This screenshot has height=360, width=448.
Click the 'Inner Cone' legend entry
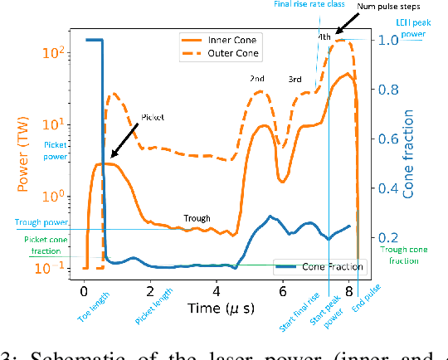click(224, 40)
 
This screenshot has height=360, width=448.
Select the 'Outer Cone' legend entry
click(224, 53)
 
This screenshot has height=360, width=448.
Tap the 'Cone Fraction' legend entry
click(305, 266)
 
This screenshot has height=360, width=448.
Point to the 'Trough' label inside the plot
click(197, 219)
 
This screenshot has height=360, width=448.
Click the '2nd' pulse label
click(258, 79)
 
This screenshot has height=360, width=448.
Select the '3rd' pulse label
click(295, 80)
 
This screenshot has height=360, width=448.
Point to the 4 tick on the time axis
click(216, 292)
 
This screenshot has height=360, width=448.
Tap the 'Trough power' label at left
click(38, 221)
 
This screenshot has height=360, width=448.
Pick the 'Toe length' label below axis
click(93, 314)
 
